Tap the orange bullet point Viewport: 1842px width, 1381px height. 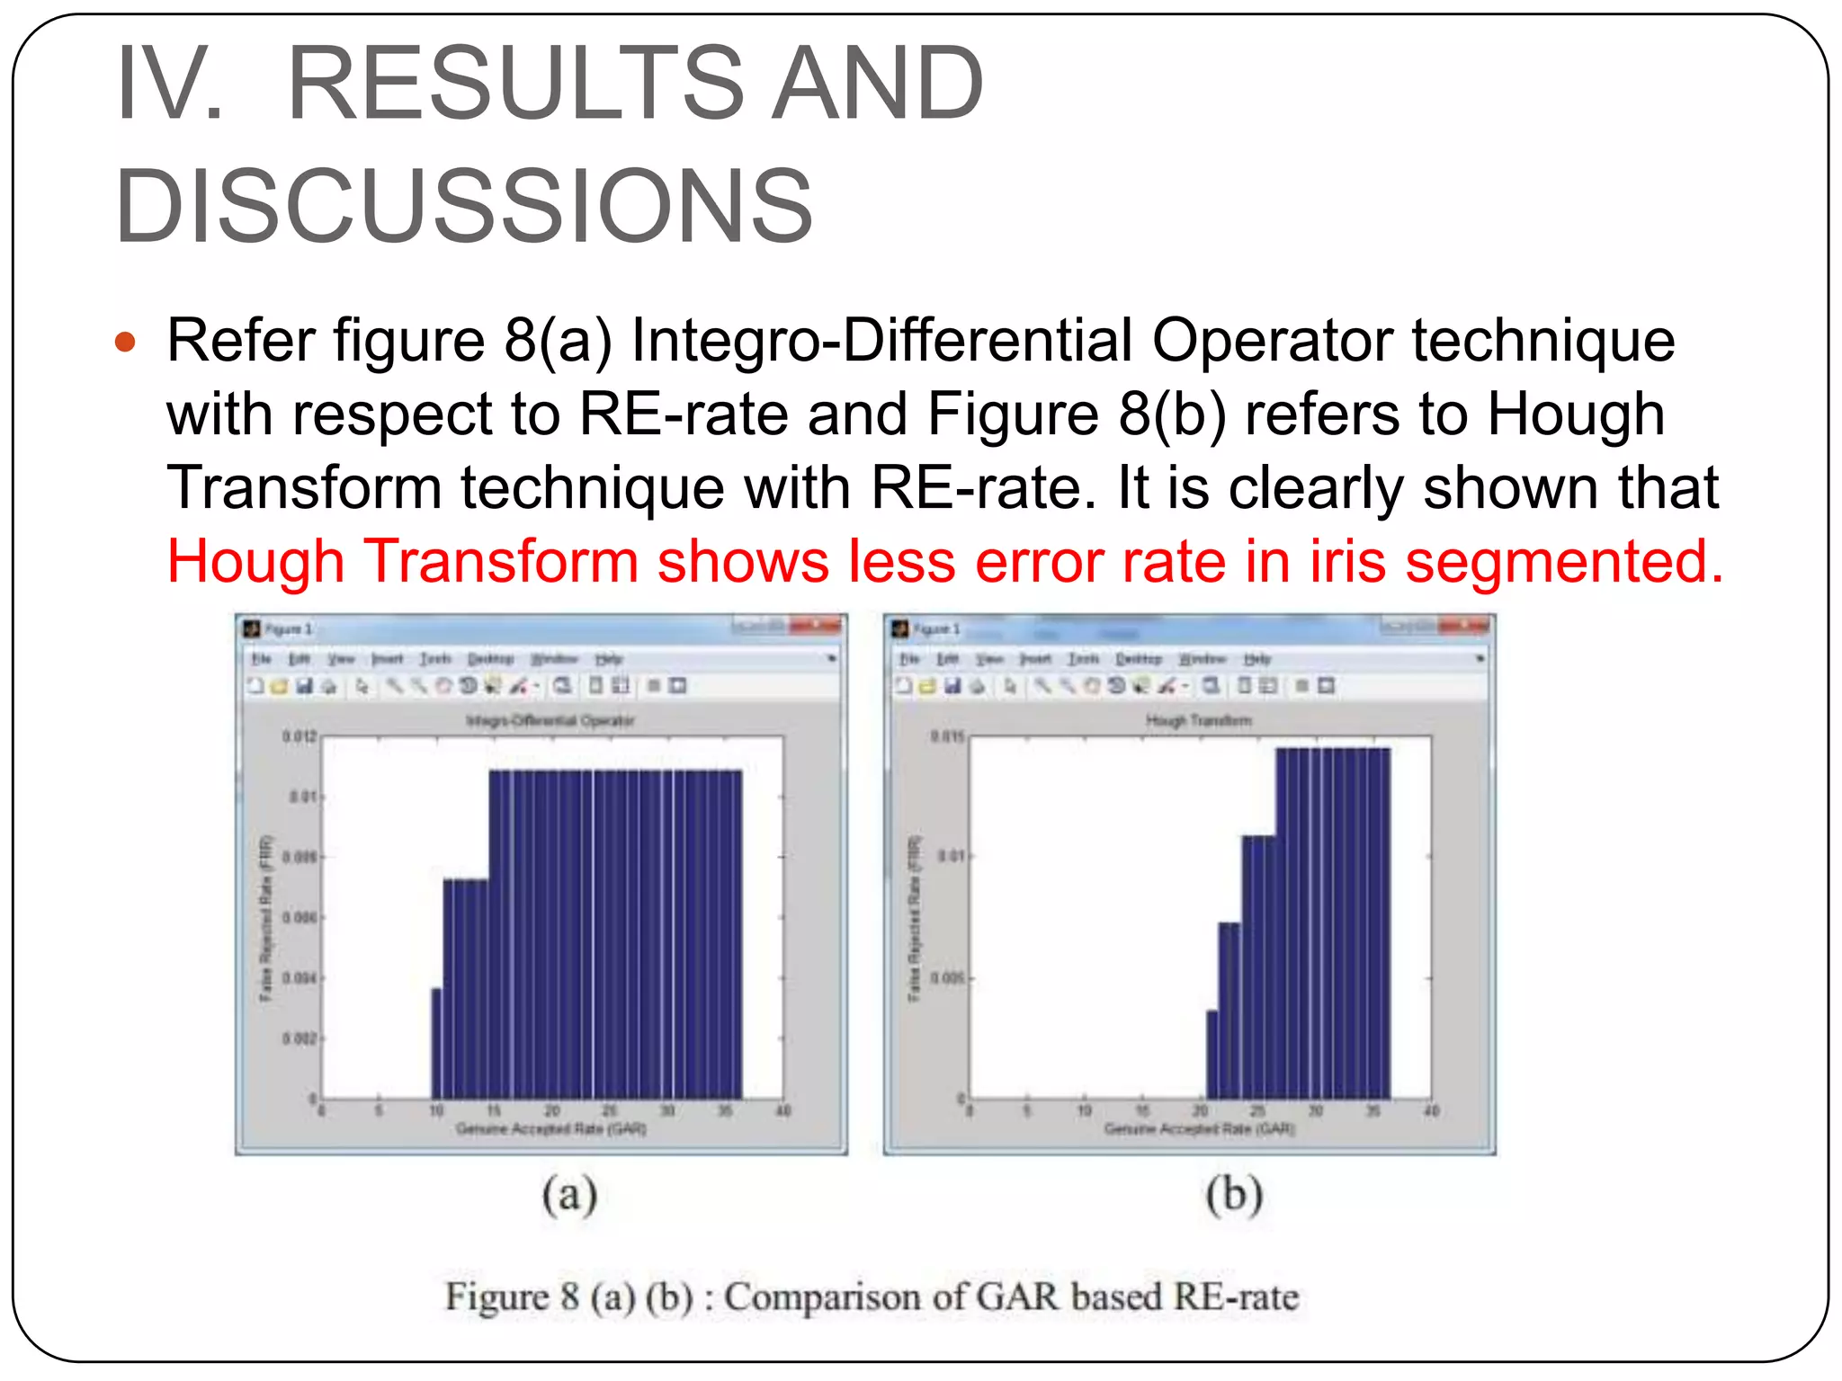tap(125, 343)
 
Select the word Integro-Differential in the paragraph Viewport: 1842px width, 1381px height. tap(881, 342)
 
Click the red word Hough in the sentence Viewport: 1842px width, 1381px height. tap(255, 562)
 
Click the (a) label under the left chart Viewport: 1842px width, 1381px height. tap(570, 1196)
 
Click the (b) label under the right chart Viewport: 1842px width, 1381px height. tap(1234, 1196)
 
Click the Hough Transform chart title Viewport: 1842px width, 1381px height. tap(1198, 720)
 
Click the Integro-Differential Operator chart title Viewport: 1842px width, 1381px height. tap(550, 720)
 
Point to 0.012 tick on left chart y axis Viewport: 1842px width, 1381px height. tap(300, 737)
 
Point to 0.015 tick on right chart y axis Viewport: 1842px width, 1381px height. tap(947, 737)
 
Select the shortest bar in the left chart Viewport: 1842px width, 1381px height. tap(437, 1043)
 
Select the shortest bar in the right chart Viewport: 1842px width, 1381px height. tap(1212, 1054)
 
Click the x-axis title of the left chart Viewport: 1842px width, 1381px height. tap(550, 1128)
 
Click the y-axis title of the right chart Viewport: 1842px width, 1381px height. tap(915, 917)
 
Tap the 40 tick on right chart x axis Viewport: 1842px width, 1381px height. tap(1431, 1111)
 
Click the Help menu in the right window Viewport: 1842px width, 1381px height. tap(1257, 659)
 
